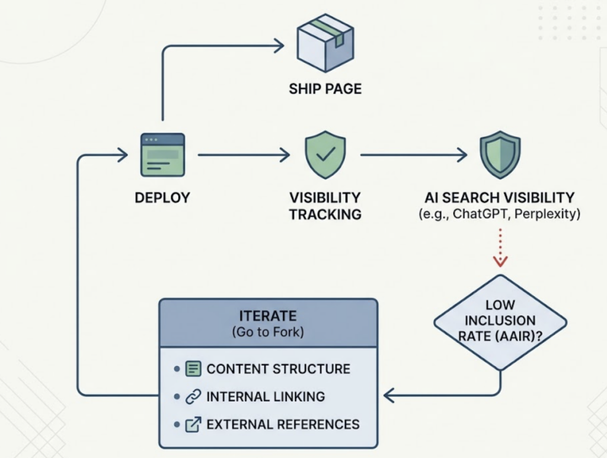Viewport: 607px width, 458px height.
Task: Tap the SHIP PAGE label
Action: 325,89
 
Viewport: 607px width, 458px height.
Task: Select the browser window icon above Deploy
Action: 162,155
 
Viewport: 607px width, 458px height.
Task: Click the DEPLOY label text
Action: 162,197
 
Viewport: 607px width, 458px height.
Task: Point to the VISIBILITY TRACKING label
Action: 325,206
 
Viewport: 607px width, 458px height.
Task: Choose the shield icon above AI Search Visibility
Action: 500,155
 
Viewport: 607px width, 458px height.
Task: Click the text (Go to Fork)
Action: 267,332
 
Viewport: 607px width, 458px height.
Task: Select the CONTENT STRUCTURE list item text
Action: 278,369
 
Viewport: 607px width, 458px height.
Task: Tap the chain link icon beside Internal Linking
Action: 193,396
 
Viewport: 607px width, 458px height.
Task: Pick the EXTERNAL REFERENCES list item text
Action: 283,424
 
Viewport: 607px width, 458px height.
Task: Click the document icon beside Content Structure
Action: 193,369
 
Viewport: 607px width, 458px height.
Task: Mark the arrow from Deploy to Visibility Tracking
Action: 243,155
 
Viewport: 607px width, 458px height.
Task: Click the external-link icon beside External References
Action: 193,424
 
